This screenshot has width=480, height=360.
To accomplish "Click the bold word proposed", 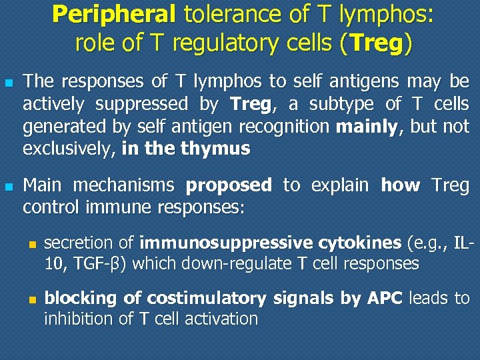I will point(229,185).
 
